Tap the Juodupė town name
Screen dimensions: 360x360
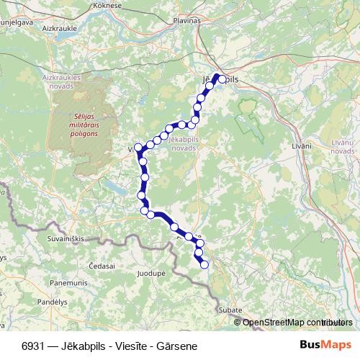150,274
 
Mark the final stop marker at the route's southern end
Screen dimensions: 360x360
204,265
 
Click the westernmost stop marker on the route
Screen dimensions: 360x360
138,147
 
